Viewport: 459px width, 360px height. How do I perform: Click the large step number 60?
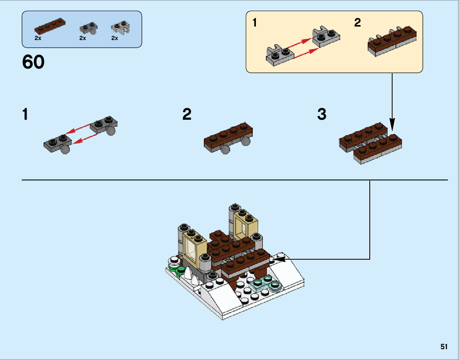[x=33, y=62]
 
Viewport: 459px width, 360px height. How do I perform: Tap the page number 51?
[x=444, y=347]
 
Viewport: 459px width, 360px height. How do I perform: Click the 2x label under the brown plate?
[x=38, y=38]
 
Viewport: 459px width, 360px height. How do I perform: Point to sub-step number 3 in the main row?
[x=321, y=114]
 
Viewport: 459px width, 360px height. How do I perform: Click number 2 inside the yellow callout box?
[x=357, y=23]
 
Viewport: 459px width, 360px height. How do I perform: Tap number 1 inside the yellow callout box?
[x=254, y=23]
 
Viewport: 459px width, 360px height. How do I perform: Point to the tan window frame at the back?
[x=245, y=225]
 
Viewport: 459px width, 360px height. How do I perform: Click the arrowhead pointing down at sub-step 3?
[x=392, y=125]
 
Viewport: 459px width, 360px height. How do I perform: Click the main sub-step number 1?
[x=25, y=114]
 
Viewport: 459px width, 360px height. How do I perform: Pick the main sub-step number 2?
[x=187, y=114]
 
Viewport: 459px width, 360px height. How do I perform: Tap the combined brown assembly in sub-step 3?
[x=371, y=144]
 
